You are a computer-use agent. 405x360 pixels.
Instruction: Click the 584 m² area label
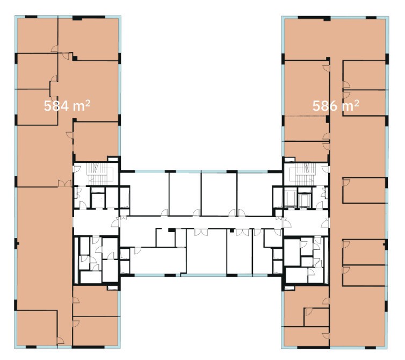click(67, 106)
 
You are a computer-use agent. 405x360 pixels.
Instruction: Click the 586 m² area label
click(336, 106)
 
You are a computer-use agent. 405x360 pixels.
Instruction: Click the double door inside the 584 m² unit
click(64, 183)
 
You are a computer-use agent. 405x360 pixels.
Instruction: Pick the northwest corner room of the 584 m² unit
click(37, 35)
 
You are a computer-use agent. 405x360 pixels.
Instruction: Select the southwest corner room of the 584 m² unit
click(37, 328)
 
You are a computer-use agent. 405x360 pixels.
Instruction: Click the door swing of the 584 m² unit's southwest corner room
click(61, 341)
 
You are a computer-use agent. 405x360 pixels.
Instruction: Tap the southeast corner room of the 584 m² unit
click(96, 331)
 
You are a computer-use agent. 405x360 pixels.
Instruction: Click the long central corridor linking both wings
click(201, 222)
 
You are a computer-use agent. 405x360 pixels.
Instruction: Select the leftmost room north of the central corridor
click(144, 194)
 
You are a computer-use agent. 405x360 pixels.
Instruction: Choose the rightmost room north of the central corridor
click(259, 194)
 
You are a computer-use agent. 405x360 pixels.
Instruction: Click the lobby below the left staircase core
click(96, 222)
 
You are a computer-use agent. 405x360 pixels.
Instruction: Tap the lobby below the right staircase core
click(306, 222)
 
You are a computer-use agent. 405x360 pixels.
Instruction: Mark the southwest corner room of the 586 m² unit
click(306, 336)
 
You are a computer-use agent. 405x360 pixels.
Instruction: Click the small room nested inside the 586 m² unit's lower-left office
click(316, 317)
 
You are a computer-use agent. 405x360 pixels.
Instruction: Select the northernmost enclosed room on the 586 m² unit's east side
click(364, 75)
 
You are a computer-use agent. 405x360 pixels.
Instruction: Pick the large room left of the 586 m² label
click(306, 88)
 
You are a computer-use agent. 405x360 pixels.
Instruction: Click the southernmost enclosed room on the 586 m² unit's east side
click(364, 275)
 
